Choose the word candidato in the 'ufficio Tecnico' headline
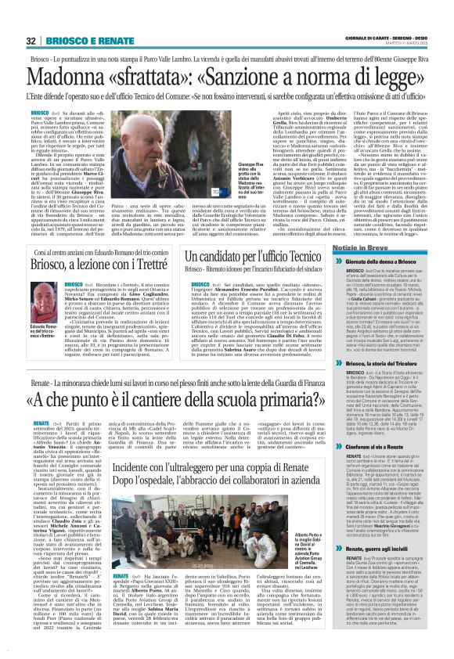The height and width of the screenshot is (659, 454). click(242, 256)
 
